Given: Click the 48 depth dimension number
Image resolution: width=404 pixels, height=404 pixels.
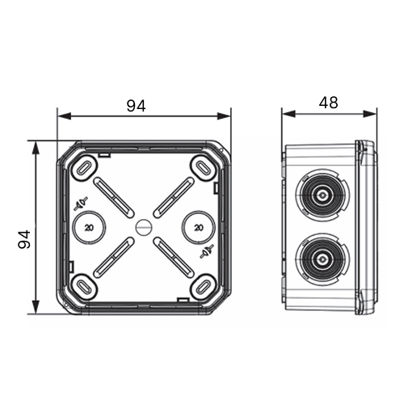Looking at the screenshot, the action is [328, 103].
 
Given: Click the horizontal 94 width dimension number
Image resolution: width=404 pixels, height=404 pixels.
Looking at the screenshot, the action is [137, 106].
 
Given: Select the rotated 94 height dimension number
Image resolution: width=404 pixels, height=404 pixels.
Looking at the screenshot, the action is [24, 239].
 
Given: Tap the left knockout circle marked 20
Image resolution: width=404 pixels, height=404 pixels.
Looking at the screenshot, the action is [89, 227].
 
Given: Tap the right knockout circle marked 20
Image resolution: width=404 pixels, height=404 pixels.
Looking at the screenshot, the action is [199, 227].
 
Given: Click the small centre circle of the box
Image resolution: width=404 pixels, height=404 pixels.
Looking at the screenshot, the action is [144, 227].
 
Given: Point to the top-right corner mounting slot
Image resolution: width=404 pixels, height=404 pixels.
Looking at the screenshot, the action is [204, 168].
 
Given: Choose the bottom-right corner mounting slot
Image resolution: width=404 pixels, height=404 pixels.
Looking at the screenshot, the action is [204, 287].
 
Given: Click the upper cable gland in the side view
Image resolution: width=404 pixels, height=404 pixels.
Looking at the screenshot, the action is [322, 195].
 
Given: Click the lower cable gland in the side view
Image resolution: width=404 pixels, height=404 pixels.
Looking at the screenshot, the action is [322, 259].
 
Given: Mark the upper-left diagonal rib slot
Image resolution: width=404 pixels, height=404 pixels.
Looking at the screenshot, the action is [114, 197].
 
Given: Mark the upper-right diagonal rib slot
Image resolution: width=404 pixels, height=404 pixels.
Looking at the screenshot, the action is [174, 197].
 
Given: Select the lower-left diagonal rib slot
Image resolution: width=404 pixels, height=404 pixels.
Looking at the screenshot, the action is [114, 258].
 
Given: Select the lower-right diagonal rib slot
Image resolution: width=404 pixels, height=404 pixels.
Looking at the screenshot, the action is [174, 258].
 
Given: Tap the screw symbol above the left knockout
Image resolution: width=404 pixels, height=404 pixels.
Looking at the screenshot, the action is [81, 204].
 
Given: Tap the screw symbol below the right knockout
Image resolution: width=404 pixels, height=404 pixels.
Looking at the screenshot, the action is [207, 251].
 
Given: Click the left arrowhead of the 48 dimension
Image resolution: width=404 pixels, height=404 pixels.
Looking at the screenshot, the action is [288, 114].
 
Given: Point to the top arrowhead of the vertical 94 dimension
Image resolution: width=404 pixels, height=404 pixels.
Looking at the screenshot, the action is [36, 148].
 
